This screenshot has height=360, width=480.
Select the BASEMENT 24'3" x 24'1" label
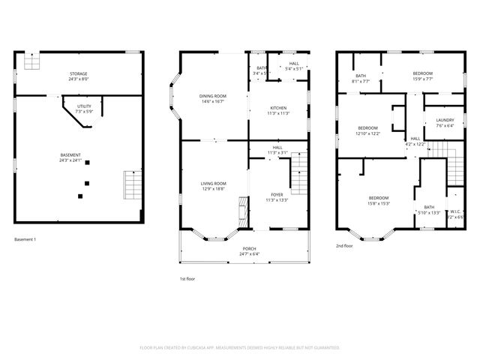[71, 157]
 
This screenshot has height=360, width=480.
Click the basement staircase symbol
[132, 184]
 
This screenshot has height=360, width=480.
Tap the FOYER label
[277, 197]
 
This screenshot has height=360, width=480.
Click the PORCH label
[248, 250]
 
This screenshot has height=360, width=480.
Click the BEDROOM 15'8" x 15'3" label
[378, 200]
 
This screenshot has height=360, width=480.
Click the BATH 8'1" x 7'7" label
[361, 78]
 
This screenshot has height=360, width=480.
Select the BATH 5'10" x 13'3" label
[429, 209]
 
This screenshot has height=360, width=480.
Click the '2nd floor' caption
[343, 245]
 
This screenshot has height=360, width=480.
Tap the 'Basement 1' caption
[25, 239]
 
